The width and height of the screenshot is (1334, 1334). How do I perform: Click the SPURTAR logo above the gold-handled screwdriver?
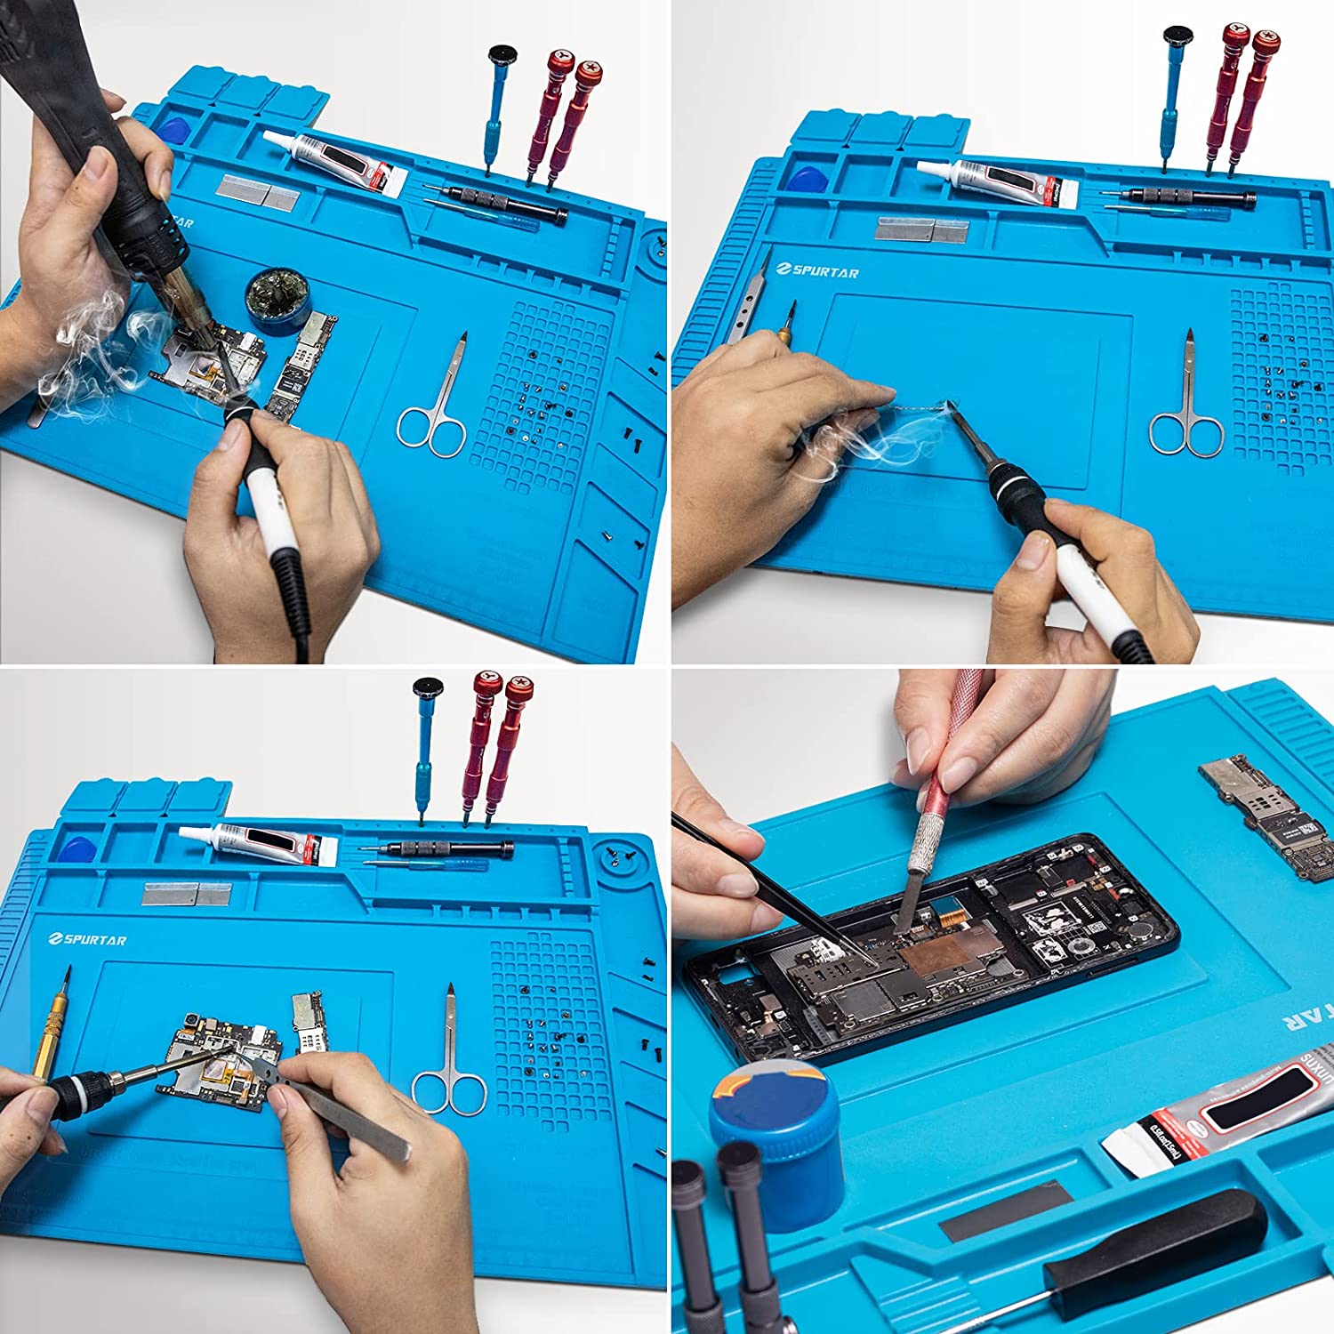[x=88, y=939]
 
